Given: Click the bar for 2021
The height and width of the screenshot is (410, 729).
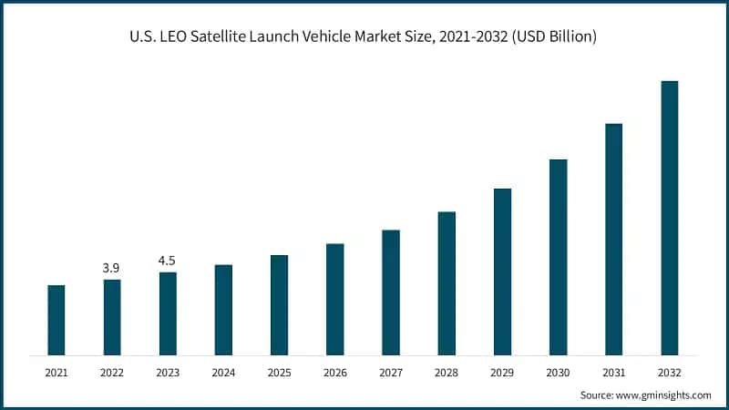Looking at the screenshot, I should (56, 320).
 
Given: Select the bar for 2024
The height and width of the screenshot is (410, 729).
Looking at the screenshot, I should (223, 310).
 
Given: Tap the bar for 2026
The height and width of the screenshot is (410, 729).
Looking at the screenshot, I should (335, 299).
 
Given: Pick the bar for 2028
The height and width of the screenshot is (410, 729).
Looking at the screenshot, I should (447, 283).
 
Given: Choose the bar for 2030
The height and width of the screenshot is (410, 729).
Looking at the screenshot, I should (558, 257).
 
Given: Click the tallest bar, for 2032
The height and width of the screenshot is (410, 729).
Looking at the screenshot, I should (669, 218).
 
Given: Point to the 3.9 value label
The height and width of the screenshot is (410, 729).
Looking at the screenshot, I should (112, 268).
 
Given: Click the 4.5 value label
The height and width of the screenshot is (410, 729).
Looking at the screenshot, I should (168, 261).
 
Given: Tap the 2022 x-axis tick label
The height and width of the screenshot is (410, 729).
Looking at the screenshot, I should (112, 373).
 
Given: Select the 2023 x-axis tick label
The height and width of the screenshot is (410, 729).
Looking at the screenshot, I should (168, 373).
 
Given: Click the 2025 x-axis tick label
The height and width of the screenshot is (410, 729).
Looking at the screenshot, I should (279, 373).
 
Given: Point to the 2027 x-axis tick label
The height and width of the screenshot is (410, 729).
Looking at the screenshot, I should (391, 373).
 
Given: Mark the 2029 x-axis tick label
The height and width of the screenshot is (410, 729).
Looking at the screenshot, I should (502, 373).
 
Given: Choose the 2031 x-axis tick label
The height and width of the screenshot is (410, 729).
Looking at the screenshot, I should (613, 373).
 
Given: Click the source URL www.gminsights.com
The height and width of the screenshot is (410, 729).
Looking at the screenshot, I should (662, 395).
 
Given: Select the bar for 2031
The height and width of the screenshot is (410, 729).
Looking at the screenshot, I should (613, 239).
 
